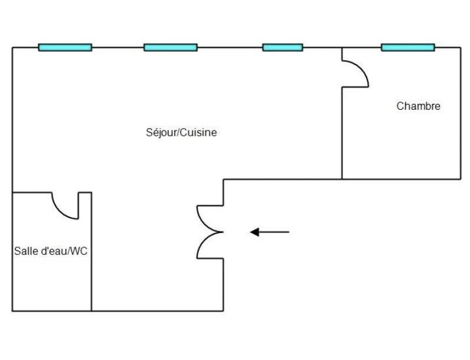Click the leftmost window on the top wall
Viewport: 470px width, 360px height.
(x=65, y=47)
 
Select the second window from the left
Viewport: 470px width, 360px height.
(x=171, y=47)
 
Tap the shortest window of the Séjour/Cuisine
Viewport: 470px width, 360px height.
(x=282, y=47)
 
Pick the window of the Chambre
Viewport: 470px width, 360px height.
(x=407, y=47)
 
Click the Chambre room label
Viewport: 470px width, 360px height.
(x=418, y=106)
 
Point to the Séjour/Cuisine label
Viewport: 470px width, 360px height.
(x=181, y=133)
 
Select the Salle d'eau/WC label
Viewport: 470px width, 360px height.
(x=51, y=251)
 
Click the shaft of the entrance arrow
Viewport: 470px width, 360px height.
(x=275, y=232)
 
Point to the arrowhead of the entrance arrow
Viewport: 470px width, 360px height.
(x=255, y=232)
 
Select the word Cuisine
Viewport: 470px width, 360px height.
(x=198, y=133)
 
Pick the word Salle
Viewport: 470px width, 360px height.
(x=24, y=251)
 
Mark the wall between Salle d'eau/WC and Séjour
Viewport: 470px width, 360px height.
(x=92, y=260)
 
